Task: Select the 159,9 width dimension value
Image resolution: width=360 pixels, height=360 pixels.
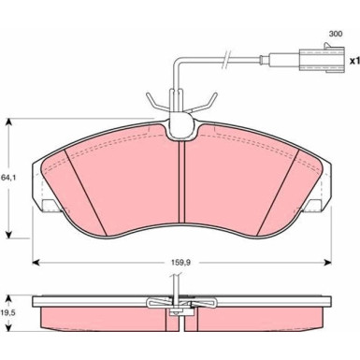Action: [180, 263]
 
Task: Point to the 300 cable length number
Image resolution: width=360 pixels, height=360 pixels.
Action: [336, 34]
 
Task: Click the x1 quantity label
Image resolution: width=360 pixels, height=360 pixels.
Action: [354, 61]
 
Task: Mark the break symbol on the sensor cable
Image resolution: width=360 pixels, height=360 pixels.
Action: [226, 59]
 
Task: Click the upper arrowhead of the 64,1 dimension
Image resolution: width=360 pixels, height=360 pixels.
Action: [9, 122]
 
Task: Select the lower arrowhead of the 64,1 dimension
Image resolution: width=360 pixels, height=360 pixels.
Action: [9, 235]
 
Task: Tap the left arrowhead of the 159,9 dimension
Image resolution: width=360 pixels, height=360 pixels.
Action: [36, 263]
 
